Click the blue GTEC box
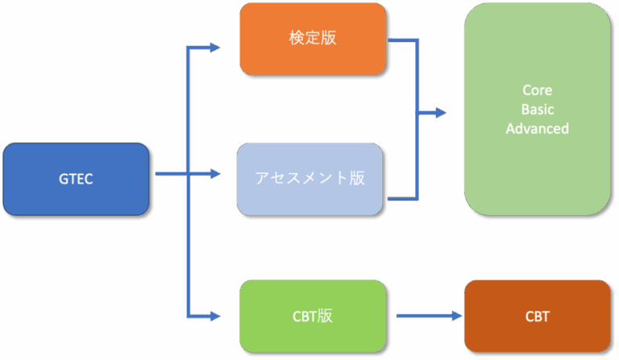pos(76,179)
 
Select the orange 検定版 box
pos(312,39)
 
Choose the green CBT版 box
pos(312,316)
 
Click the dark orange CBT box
pos(537,316)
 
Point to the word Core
pos(537,90)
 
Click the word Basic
pos(537,110)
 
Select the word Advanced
pos(537,128)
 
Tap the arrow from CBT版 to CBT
pos(423,316)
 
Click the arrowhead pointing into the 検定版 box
pos(214,48)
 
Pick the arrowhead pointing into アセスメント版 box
pos(214,173)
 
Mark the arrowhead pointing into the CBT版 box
pos(214,316)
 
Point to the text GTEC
pos(76,179)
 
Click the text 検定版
pos(312,39)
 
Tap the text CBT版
pos(312,316)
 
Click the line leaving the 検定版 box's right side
pos(403,39)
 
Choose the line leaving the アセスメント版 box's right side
pos(403,198)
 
